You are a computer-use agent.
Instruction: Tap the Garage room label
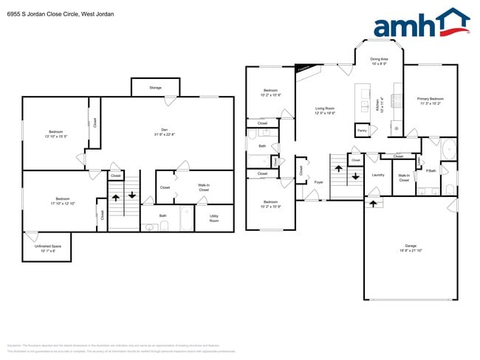tap(410, 247)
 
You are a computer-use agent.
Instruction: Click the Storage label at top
tap(155, 87)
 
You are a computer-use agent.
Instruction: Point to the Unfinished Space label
tap(46, 248)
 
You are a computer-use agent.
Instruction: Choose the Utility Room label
tap(214, 218)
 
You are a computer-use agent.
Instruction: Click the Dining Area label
tap(380, 61)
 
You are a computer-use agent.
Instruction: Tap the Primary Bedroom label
tap(430, 100)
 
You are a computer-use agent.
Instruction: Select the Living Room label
tap(325, 111)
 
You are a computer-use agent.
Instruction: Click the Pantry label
tap(362, 131)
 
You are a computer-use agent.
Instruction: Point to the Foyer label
tap(319, 181)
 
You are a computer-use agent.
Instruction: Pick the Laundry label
tap(378, 175)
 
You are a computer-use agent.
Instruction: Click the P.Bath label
tap(430, 171)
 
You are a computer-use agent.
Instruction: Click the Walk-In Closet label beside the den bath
tap(203, 188)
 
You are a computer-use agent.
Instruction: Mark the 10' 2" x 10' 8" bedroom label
tap(270, 93)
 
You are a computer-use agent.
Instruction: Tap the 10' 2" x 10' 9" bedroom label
tap(270, 204)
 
